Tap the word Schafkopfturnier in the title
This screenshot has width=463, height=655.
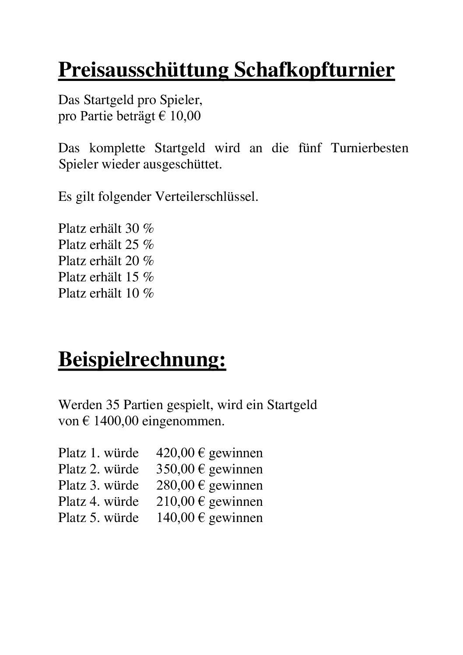pyautogui.click(x=314, y=70)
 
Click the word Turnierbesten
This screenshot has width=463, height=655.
pyautogui.click(x=369, y=148)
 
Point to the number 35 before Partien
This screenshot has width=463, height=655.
pyautogui.click(x=113, y=405)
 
